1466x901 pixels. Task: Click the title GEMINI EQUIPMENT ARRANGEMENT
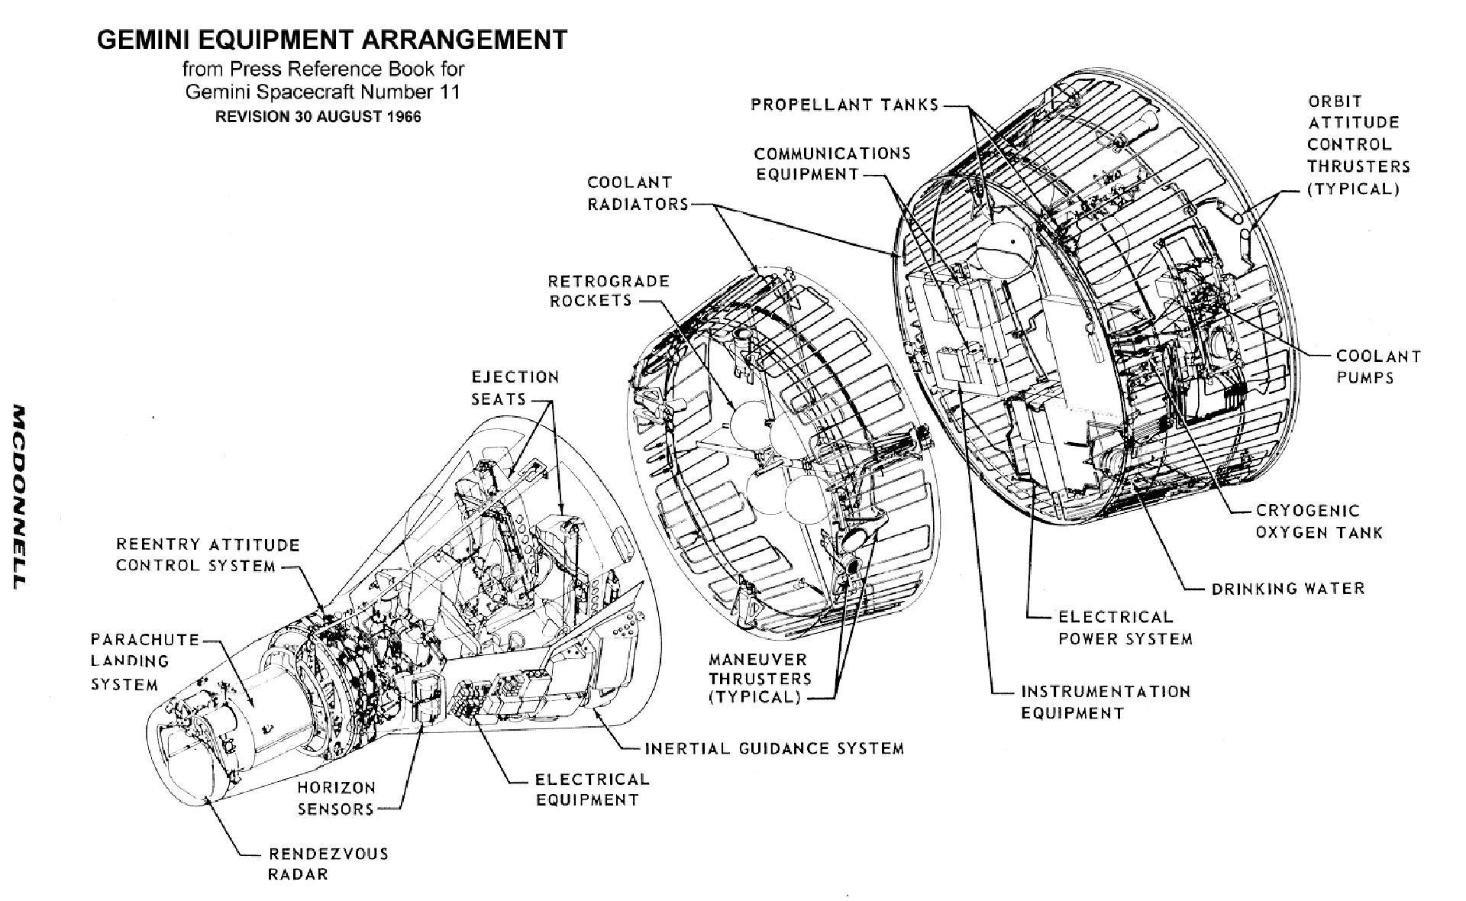(332, 40)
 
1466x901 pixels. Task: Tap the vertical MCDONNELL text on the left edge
(18, 496)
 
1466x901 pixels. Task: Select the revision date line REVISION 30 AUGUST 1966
(318, 118)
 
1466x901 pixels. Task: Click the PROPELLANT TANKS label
(844, 105)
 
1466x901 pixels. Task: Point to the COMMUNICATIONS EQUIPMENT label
(832, 163)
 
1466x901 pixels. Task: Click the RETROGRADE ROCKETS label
(609, 291)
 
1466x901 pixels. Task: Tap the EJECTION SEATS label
(515, 388)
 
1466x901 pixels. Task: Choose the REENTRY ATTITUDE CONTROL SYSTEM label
(208, 555)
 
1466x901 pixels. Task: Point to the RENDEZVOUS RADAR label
(328, 864)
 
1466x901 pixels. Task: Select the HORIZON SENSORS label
(336, 798)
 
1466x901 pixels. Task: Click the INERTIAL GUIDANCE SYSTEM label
(774, 748)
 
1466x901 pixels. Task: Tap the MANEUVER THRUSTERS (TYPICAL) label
(759, 678)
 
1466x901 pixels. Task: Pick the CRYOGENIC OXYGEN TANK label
(1319, 522)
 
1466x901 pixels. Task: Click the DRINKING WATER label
(1287, 589)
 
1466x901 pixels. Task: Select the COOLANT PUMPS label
(1378, 367)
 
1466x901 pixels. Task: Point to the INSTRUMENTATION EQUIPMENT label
(1105, 702)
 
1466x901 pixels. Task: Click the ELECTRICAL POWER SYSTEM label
(1124, 628)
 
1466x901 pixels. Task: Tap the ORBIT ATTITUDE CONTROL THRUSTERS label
(1358, 145)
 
